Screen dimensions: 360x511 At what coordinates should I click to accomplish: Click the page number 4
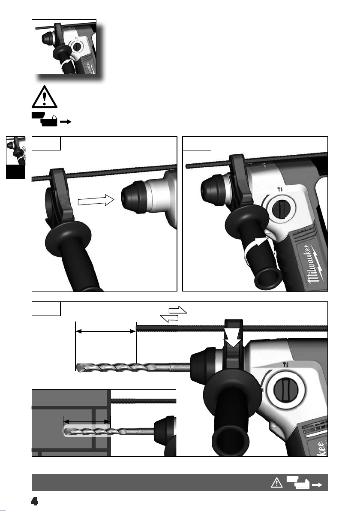tap(35, 501)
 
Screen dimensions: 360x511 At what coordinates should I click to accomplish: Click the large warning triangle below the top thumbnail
tap(45, 97)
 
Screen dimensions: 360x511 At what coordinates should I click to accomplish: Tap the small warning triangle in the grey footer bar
tap(276, 483)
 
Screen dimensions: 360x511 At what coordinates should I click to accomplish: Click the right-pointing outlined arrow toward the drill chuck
tap(96, 200)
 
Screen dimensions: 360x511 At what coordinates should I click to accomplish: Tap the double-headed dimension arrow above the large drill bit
tap(106, 331)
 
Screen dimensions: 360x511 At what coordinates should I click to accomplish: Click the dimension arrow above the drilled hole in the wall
tap(87, 422)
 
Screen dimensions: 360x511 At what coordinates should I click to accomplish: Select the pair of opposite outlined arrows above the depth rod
tap(174, 314)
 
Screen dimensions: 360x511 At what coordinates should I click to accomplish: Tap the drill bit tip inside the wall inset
tap(66, 432)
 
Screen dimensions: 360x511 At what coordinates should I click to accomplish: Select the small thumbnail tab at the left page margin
tap(15, 157)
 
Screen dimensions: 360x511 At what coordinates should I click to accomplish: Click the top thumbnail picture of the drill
tap(64, 47)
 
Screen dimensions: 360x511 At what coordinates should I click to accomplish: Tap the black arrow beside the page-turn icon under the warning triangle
tap(66, 122)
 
